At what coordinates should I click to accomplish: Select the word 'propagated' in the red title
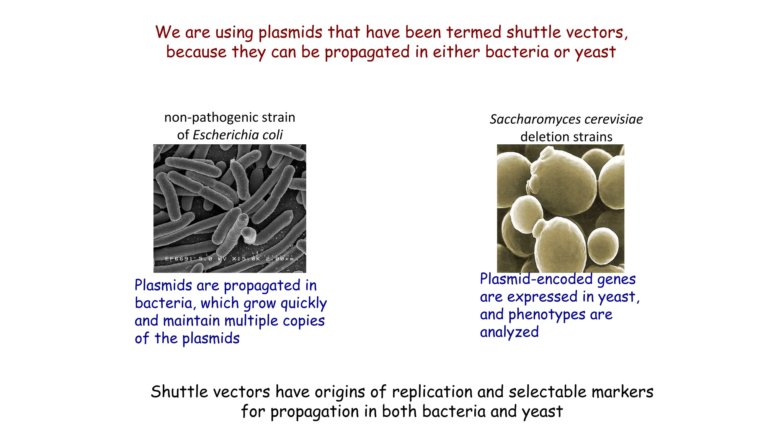coord(367,52)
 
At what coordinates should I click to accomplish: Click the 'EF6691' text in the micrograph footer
coord(179,259)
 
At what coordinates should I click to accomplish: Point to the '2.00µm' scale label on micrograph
coord(279,259)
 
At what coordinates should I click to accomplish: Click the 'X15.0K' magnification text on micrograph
coord(246,259)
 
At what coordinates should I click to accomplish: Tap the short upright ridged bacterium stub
coord(249,235)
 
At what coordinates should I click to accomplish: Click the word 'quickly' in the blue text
coord(304,304)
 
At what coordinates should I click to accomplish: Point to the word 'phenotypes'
coord(547,315)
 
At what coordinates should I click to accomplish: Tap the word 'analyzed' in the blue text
coord(509,332)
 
